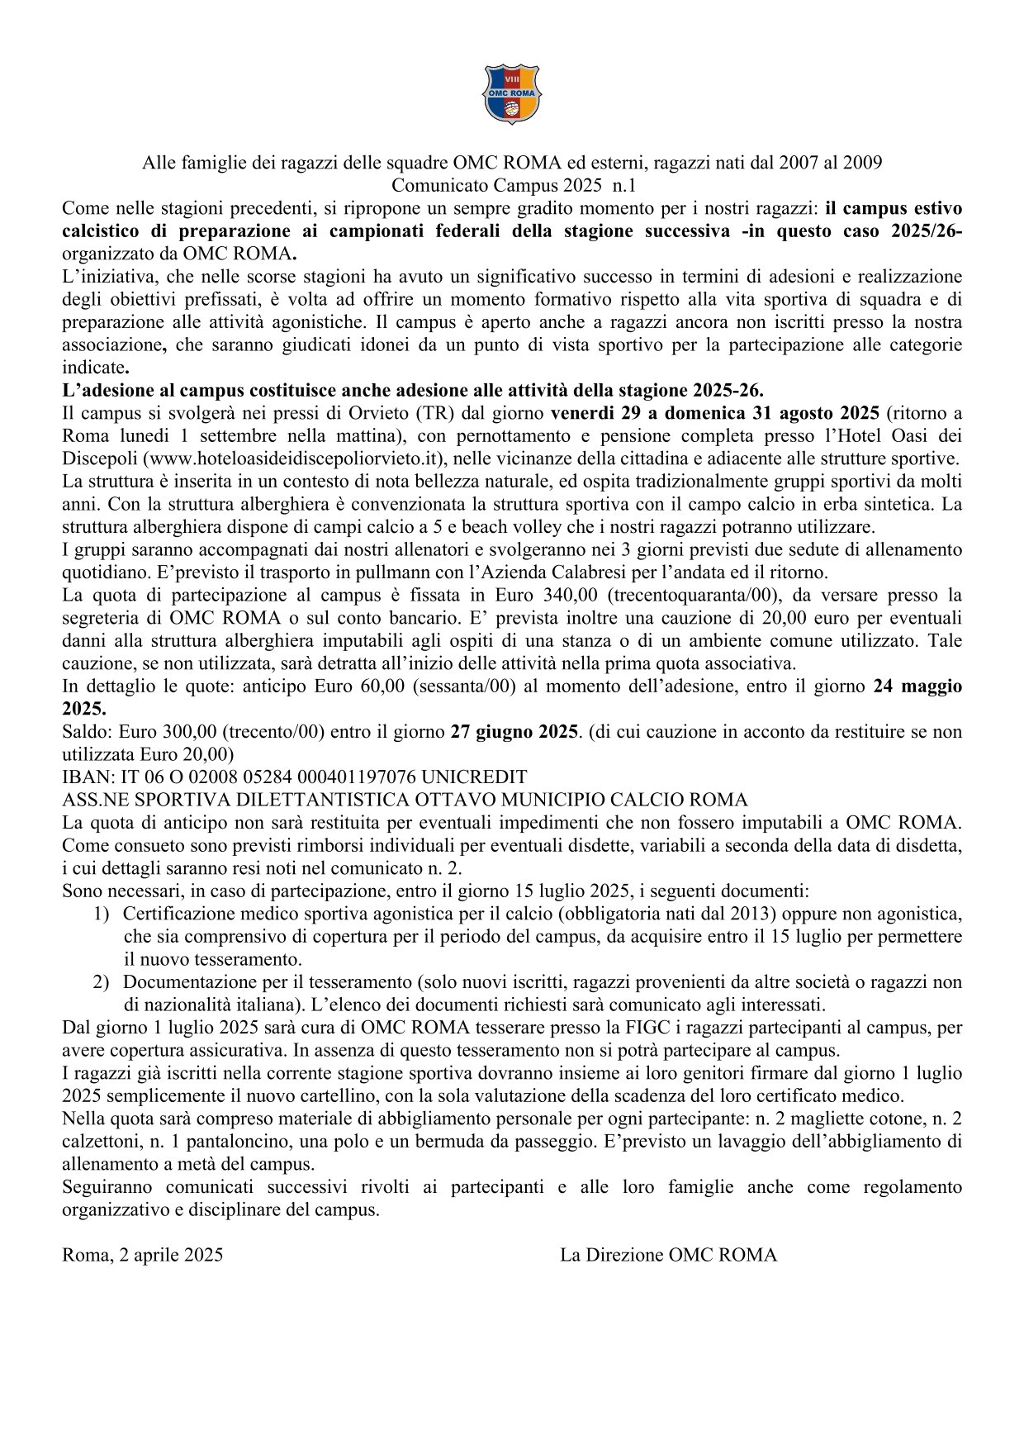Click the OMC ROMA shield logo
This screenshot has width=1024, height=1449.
click(x=511, y=94)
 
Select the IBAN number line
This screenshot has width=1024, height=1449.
click(x=294, y=777)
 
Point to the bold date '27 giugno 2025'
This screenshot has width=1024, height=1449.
click(x=513, y=731)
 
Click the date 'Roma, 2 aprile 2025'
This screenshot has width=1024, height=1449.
click(x=142, y=1256)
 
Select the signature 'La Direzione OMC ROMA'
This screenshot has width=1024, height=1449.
click(x=668, y=1256)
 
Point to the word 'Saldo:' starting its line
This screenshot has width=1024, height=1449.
click(x=88, y=731)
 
